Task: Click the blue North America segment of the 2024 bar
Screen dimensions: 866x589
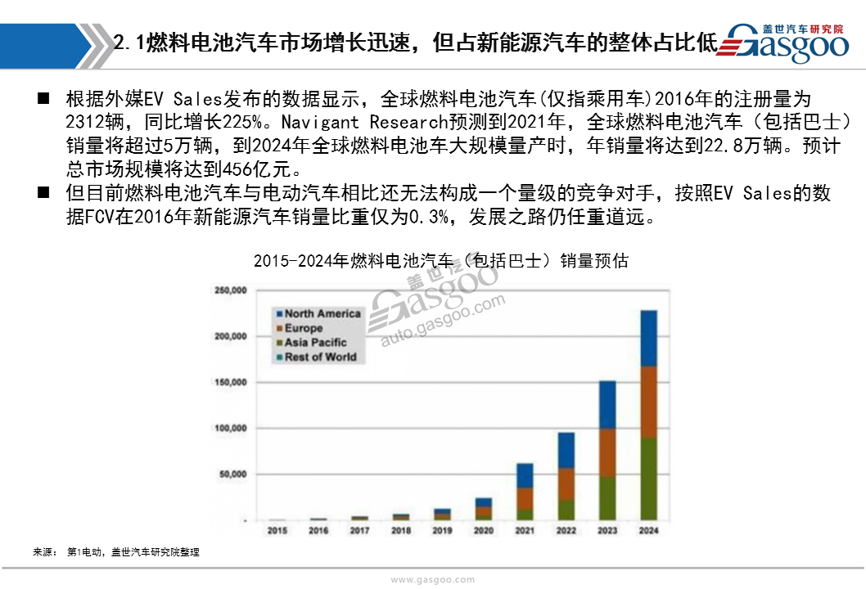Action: [x=648, y=339]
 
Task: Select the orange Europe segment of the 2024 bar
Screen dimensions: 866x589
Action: [x=648, y=402]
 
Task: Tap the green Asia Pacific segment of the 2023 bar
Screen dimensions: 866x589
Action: [x=607, y=498]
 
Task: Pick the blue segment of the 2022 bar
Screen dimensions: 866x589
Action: [x=566, y=451]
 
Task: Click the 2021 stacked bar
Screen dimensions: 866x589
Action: [x=525, y=492]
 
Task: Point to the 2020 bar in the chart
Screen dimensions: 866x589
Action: [x=483, y=509]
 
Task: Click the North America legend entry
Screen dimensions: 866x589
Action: [x=318, y=313]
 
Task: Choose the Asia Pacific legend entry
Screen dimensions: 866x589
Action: [x=312, y=342]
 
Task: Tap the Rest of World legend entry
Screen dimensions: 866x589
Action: [x=317, y=357]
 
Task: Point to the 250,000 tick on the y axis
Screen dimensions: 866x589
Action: [x=231, y=290]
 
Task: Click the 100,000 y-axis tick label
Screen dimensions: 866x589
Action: [x=231, y=428]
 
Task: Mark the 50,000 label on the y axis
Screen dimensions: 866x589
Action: [x=233, y=474]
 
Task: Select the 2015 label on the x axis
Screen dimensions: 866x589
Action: [x=277, y=530]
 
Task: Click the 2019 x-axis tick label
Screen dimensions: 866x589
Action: [x=442, y=530]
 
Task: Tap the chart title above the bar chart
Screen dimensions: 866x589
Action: [x=440, y=261]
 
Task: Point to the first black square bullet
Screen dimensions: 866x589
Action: [x=43, y=99]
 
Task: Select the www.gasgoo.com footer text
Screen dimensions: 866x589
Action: [x=432, y=580]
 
